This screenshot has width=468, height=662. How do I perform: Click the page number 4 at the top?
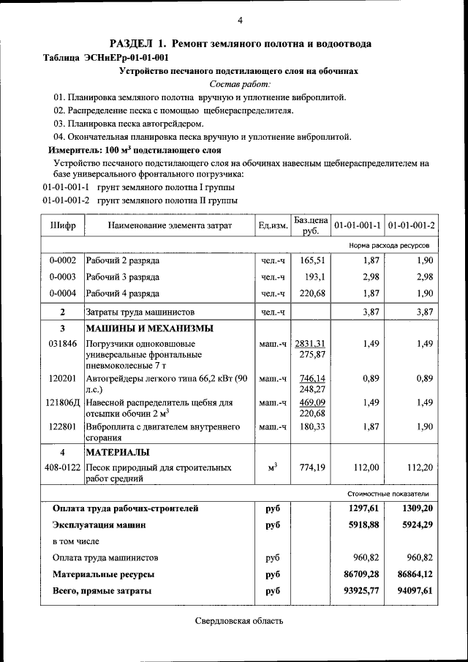click(x=239, y=20)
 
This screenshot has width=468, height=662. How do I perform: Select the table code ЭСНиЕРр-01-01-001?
click(x=125, y=58)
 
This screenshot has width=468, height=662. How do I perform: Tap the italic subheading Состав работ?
click(x=239, y=84)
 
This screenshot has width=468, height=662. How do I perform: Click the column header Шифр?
click(x=63, y=225)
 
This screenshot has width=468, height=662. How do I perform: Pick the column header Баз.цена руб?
click(x=311, y=225)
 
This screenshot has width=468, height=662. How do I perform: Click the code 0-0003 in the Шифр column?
click(x=63, y=277)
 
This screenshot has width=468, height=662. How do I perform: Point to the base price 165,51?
click(x=312, y=260)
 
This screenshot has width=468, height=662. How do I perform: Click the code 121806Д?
click(x=63, y=402)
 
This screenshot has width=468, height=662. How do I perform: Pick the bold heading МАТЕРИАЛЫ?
click(x=118, y=452)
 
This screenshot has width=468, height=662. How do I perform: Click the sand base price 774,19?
click(x=312, y=467)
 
